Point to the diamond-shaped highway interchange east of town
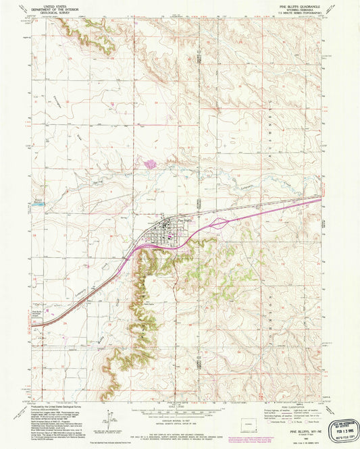(219, 221)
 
